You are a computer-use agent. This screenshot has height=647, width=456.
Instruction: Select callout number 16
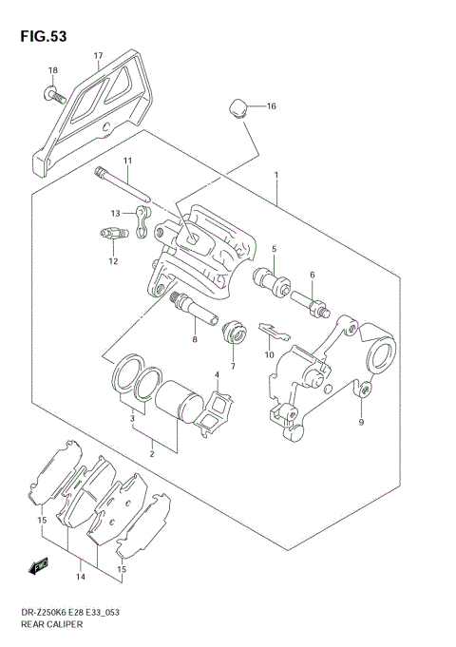[x=271, y=106]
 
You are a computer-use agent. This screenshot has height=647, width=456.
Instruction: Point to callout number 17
[x=98, y=56]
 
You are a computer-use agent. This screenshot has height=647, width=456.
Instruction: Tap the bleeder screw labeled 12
[x=113, y=235]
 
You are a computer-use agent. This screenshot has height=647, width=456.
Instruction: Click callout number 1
[x=275, y=176]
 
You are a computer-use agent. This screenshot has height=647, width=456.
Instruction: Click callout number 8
[x=194, y=337]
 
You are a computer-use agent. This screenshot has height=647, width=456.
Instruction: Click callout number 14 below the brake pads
[x=81, y=576]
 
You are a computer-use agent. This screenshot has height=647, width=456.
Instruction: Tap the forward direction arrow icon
[x=41, y=566]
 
